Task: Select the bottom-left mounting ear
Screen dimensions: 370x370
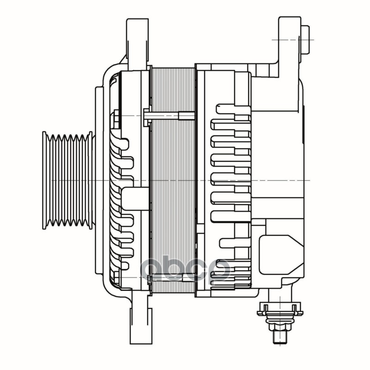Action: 139,319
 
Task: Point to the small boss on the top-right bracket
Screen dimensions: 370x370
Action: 306,39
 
